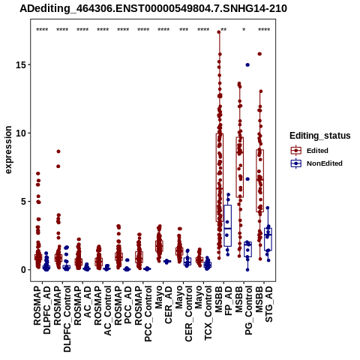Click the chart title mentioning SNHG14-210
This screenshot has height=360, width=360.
point(153,9)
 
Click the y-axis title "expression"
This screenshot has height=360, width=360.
point(8,150)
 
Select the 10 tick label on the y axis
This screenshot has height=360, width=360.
point(21,133)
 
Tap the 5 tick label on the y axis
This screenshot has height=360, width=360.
point(24,202)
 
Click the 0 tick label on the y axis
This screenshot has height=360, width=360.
point(24,270)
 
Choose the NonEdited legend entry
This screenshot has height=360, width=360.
point(316,163)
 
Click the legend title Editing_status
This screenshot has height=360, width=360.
point(320,136)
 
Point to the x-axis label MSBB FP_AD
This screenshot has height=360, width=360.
point(224,301)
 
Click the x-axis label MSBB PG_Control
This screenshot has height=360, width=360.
point(244,310)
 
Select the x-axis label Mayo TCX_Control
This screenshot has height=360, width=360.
point(203,313)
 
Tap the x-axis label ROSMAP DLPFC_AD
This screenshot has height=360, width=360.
point(42,310)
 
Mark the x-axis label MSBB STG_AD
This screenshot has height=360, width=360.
point(264,304)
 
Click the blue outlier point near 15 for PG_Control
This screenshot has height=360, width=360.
point(247,65)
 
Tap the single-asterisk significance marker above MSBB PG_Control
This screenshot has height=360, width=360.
point(244,30)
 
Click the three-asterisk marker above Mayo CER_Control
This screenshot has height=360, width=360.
point(184,30)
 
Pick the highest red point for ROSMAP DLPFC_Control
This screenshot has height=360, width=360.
point(58,151)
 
